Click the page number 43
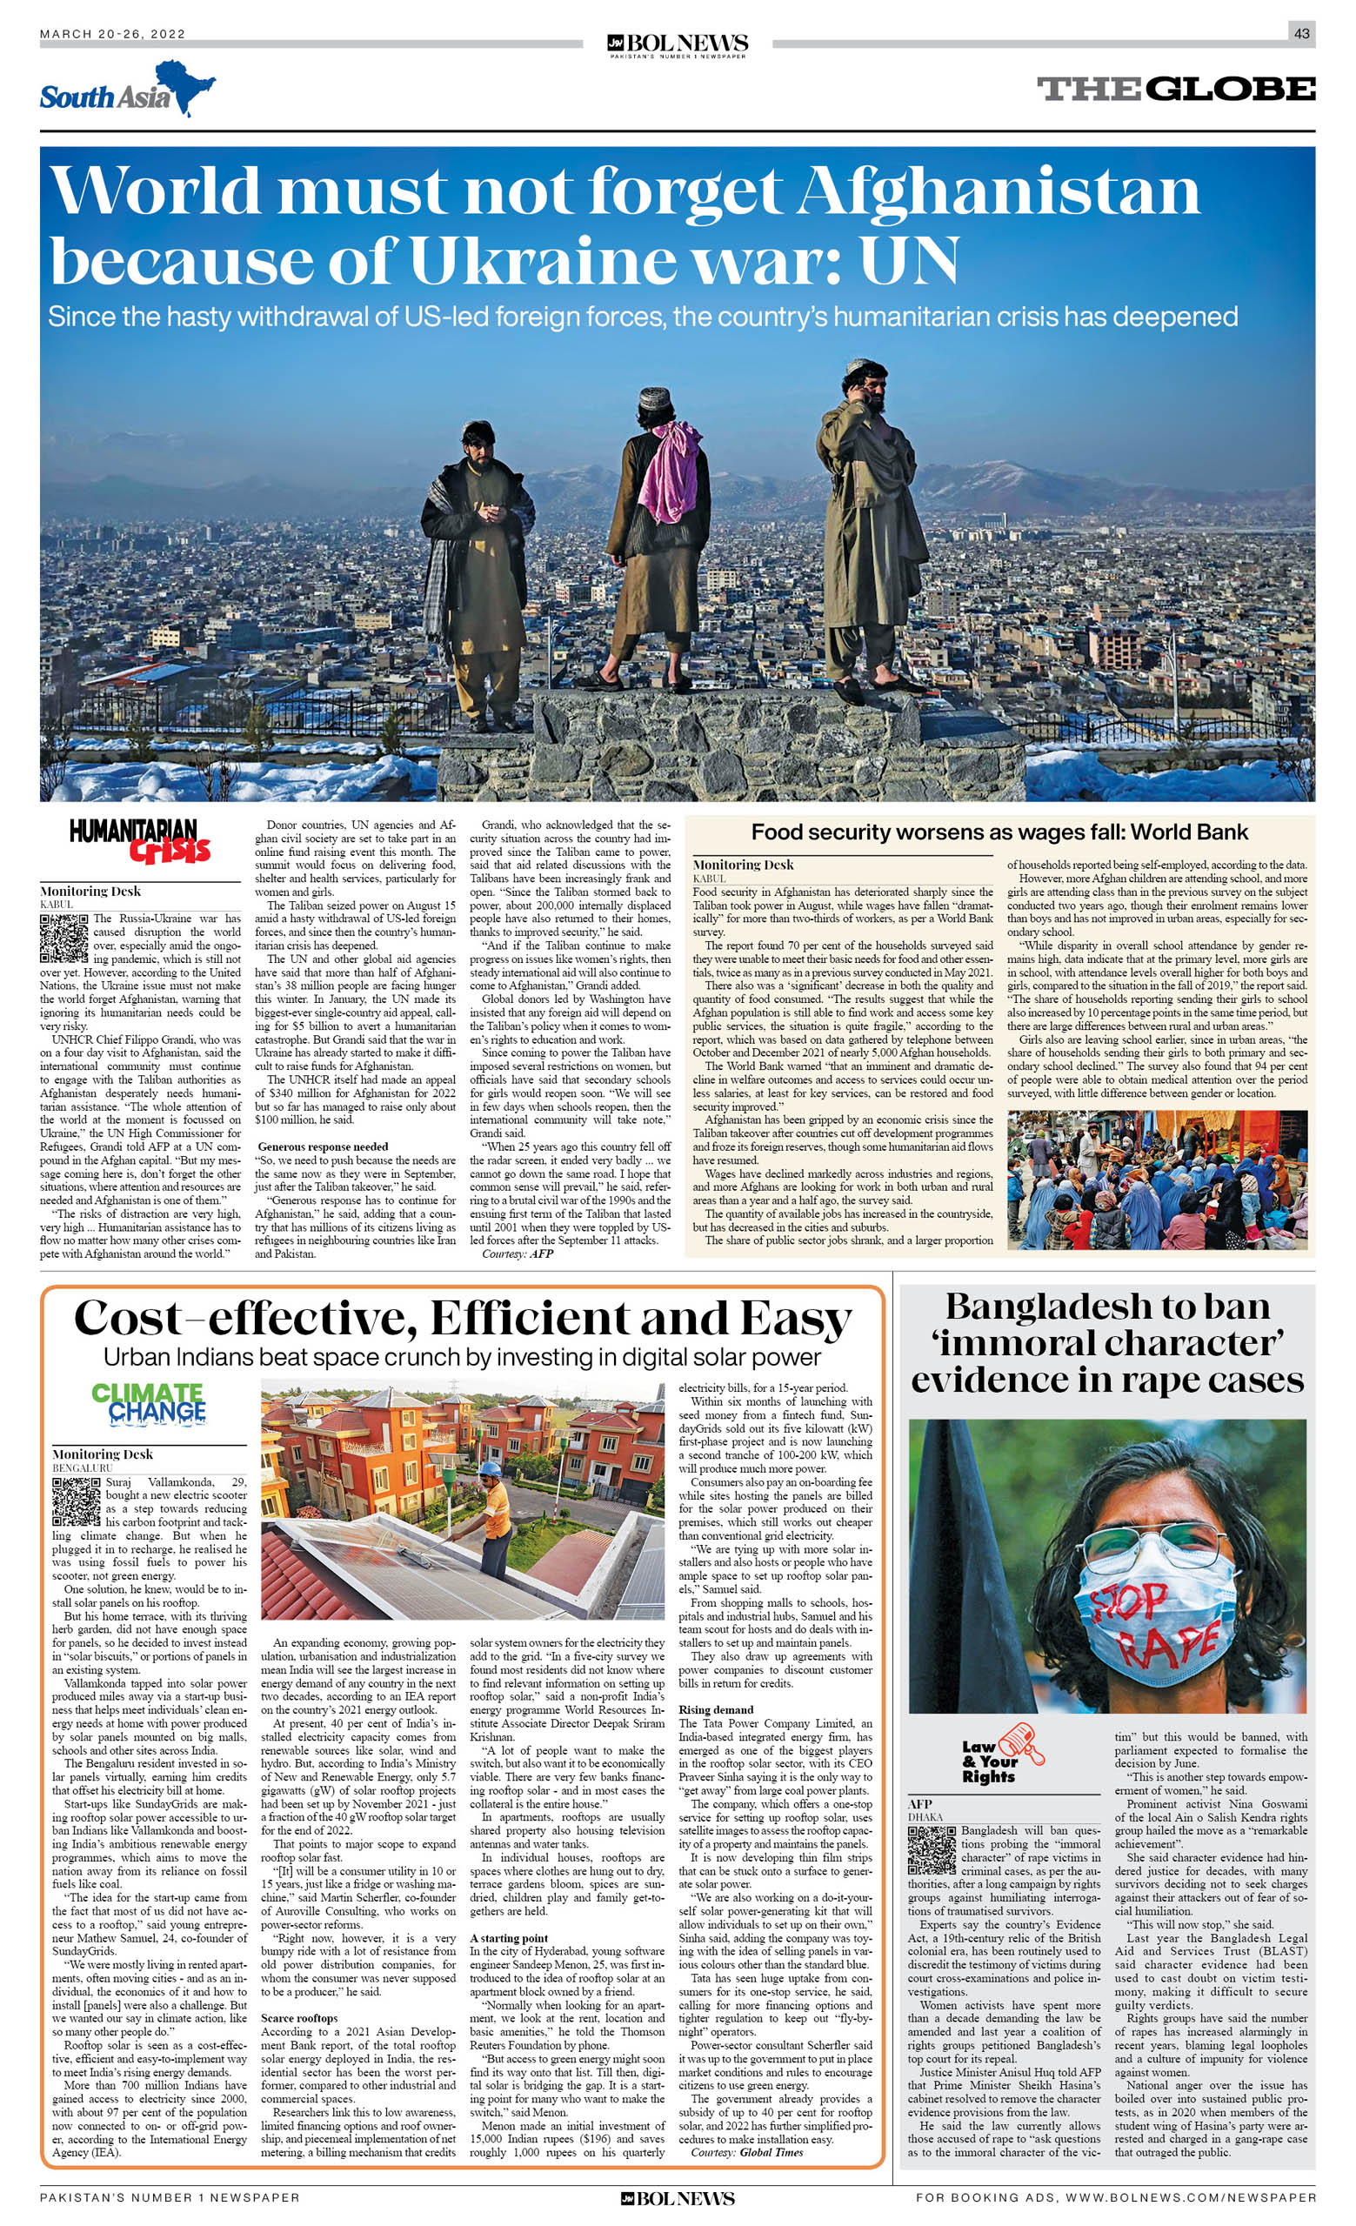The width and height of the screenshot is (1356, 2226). tap(1301, 33)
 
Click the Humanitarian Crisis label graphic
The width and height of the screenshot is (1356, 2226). tap(140, 841)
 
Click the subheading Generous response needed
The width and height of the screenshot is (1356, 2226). tap(323, 1146)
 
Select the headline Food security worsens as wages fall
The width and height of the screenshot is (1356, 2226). tap(999, 833)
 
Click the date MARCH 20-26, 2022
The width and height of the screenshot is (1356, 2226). tap(113, 34)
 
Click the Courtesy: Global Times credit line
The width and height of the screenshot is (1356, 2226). tap(746, 2152)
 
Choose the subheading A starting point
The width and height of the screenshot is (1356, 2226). tap(509, 1938)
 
